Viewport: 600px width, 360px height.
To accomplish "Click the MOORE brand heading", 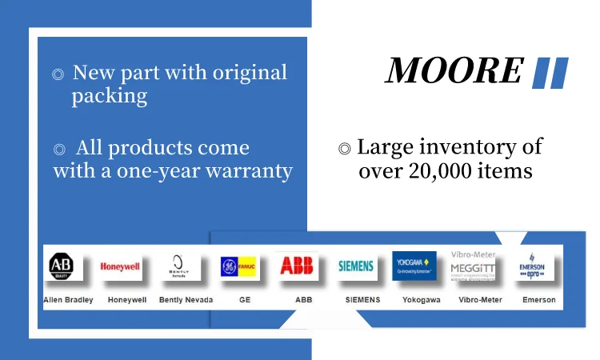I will click(454, 70).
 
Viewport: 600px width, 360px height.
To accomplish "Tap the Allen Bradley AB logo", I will click(62, 266).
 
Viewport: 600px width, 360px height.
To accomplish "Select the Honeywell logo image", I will click(120, 267).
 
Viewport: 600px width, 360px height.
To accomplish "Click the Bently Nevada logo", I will click(178, 266).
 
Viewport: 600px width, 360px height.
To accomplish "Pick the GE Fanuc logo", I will click(239, 266).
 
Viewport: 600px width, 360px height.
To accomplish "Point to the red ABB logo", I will click(296, 266).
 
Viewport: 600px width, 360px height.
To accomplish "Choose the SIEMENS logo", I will click(356, 266).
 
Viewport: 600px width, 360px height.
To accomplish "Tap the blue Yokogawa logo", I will click(414, 266).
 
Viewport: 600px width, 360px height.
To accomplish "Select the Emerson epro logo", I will click(532, 266).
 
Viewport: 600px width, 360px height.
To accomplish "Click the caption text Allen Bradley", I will click(68, 300).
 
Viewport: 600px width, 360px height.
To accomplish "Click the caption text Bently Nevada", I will click(185, 300).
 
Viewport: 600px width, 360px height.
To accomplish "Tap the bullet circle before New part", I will click(58, 74).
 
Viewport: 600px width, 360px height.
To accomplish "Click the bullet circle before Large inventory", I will click(344, 149).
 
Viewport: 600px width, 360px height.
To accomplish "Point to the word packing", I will click(109, 97).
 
